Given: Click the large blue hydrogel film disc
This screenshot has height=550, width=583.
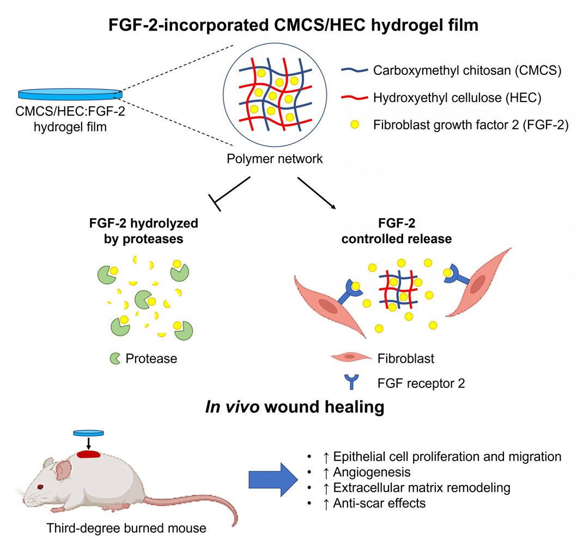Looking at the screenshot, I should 70,93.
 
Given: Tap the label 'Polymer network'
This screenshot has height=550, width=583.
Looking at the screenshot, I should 276,159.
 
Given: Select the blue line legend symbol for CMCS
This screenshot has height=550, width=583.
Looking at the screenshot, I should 353,70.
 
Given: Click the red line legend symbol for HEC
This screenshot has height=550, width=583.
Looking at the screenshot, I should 353,98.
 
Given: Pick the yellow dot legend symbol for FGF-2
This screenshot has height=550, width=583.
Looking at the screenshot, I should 353,125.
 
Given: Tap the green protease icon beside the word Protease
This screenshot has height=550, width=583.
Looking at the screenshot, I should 115,358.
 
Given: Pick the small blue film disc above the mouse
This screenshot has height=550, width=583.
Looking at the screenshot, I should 88,433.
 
